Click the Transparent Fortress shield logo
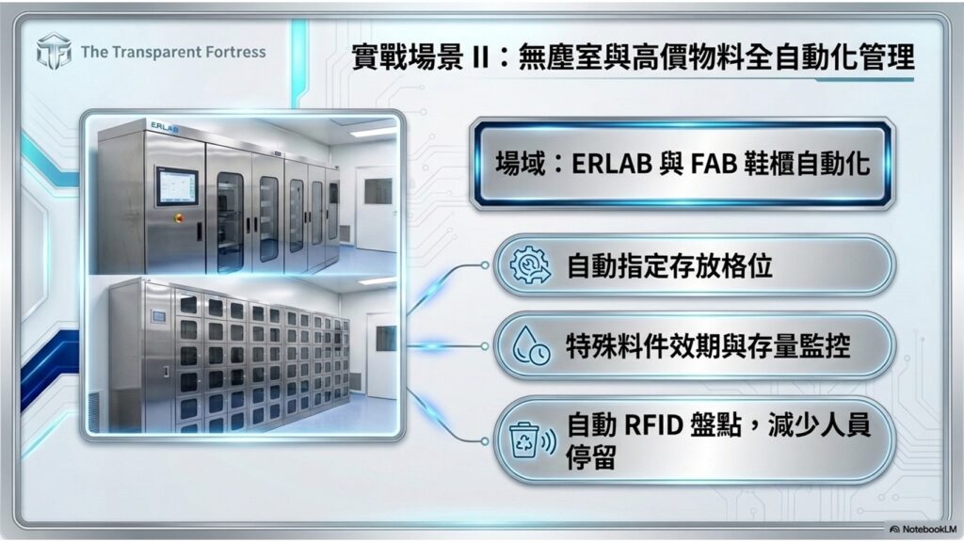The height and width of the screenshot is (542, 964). pos(54,52)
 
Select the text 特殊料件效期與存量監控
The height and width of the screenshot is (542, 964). pos(708,347)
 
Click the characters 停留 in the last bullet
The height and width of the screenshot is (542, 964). pos(592,455)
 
